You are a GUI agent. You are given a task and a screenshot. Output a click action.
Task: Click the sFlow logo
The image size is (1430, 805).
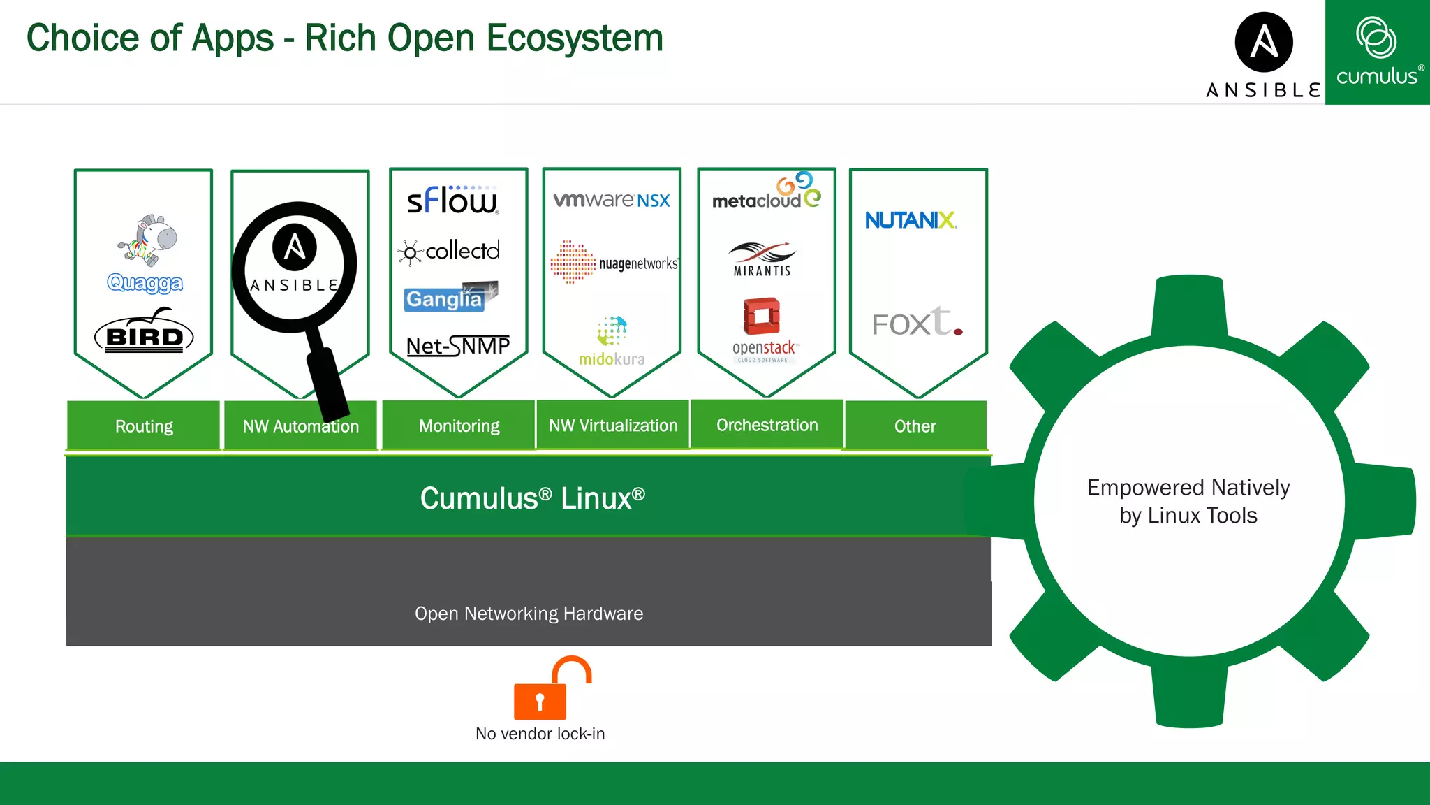[x=452, y=201]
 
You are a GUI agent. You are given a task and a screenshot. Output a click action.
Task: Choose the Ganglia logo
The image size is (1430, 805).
[x=450, y=297]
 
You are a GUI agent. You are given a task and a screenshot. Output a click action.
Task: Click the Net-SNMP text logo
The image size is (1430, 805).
[x=458, y=346]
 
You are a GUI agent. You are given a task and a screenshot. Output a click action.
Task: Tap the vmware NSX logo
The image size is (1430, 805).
[x=612, y=200]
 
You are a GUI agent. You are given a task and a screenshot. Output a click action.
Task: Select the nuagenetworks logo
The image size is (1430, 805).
[x=613, y=263]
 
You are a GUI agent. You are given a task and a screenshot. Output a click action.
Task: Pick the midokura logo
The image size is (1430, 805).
[x=612, y=342]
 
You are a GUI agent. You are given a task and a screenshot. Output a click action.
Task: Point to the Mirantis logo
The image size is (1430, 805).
[x=762, y=259]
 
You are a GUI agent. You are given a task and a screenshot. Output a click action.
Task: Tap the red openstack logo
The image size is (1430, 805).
[x=762, y=328]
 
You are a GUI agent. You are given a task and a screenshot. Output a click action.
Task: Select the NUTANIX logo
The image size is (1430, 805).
[x=911, y=220]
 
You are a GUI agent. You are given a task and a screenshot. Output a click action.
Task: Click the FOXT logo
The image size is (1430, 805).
[x=917, y=322]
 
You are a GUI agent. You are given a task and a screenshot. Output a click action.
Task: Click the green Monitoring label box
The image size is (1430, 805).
[x=459, y=426]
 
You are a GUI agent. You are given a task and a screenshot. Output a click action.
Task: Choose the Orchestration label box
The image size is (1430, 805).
[x=767, y=425]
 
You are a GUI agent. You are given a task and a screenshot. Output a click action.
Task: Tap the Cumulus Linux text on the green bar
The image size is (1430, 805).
[x=532, y=498]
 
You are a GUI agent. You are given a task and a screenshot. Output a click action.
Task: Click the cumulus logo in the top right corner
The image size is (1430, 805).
[x=1377, y=52]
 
